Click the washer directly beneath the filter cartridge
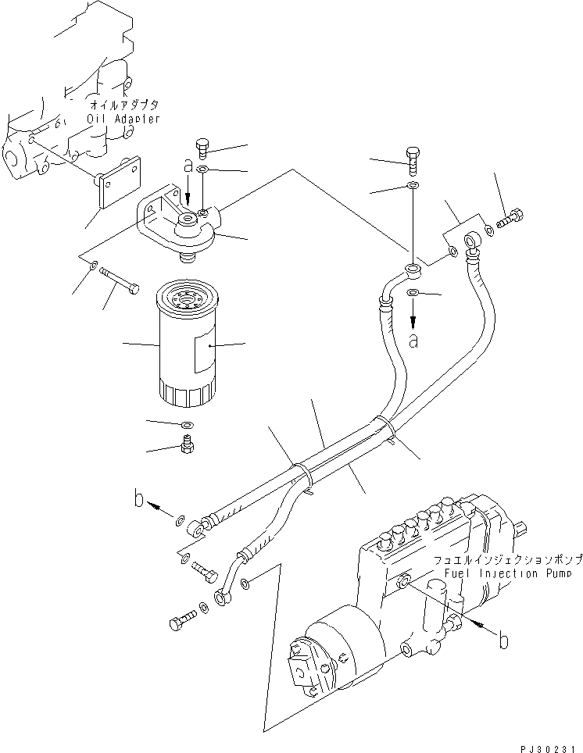point(186,425)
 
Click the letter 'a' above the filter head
point(187,165)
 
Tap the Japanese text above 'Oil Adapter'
point(124,104)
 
